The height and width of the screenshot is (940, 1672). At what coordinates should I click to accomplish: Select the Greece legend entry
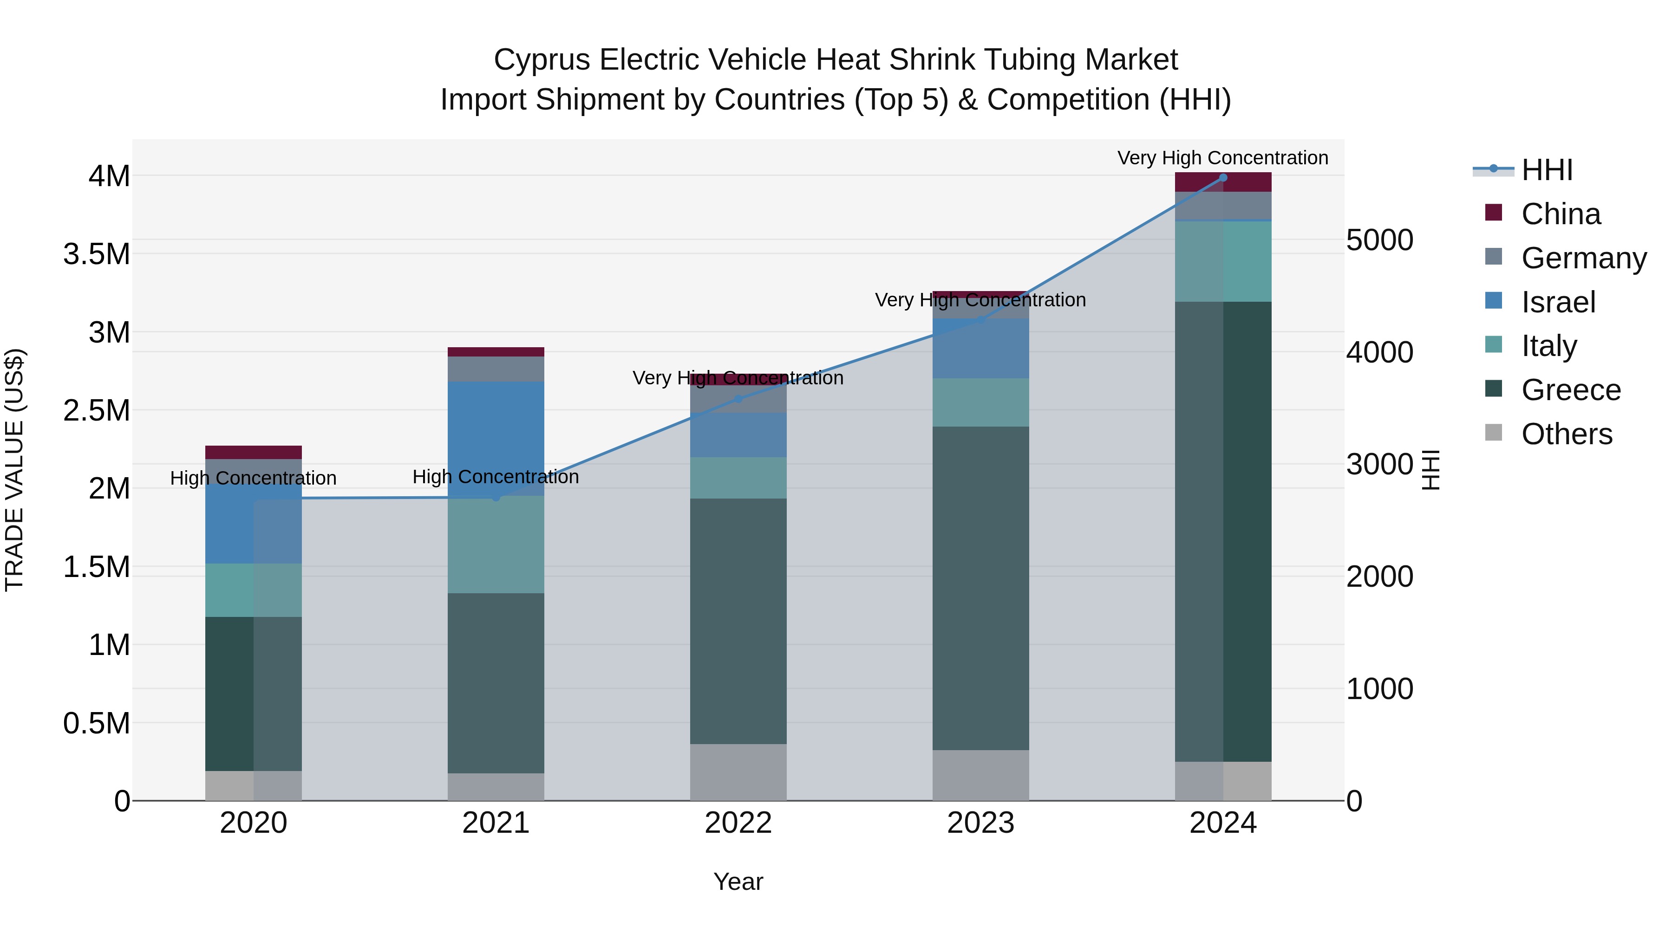[x=1570, y=390]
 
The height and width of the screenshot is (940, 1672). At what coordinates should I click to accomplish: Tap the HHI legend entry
[x=1546, y=170]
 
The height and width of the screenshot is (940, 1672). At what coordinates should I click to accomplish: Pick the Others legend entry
[x=1566, y=434]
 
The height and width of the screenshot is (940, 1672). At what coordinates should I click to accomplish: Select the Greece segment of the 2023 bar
[x=981, y=587]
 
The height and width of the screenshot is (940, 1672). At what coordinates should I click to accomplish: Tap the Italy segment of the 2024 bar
[x=1223, y=261]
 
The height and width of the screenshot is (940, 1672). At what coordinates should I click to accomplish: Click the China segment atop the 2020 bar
[x=253, y=452]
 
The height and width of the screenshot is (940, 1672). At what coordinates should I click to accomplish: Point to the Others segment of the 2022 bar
[x=738, y=771]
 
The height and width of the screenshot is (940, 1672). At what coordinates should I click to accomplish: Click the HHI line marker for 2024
[x=1223, y=177]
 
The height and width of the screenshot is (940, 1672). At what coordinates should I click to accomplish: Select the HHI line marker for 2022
[x=738, y=398]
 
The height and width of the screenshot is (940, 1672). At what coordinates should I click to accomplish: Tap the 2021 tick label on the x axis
[x=496, y=823]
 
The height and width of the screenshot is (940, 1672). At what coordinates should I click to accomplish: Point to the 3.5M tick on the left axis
[x=97, y=253]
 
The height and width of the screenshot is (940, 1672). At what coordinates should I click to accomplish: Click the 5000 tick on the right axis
[x=1379, y=240]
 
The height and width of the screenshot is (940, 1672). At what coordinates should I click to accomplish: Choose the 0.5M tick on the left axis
[x=97, y=723]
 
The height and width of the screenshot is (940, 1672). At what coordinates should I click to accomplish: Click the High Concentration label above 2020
[x=253, y=478]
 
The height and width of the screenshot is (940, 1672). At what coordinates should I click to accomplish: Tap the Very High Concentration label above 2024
[x=1223, y=158]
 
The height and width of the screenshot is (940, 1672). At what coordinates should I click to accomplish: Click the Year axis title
[x=738, y=882]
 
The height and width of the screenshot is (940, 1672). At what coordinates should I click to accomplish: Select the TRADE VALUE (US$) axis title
[x=14, y=470]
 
